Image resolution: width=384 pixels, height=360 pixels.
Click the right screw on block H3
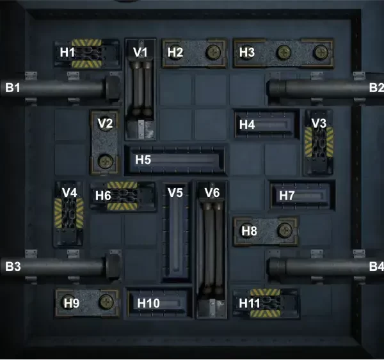click(x=318, y=52)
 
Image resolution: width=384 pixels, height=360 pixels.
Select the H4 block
click(x=266, y=125)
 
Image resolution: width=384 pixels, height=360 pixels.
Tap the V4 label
click(x=69, y=192)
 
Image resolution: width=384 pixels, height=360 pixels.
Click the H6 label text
click(x=104, y=196)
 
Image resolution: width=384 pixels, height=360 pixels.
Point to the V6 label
click(x=212, y=192)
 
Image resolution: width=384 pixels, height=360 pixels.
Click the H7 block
click(x=302, y=195)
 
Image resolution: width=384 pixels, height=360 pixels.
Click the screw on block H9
click(x=103, y=301)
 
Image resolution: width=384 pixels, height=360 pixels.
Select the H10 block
click(x=159, y=301)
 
